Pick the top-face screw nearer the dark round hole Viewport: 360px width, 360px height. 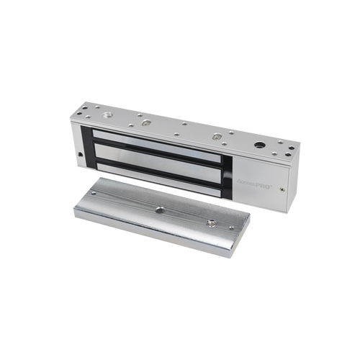coord(216,134)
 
